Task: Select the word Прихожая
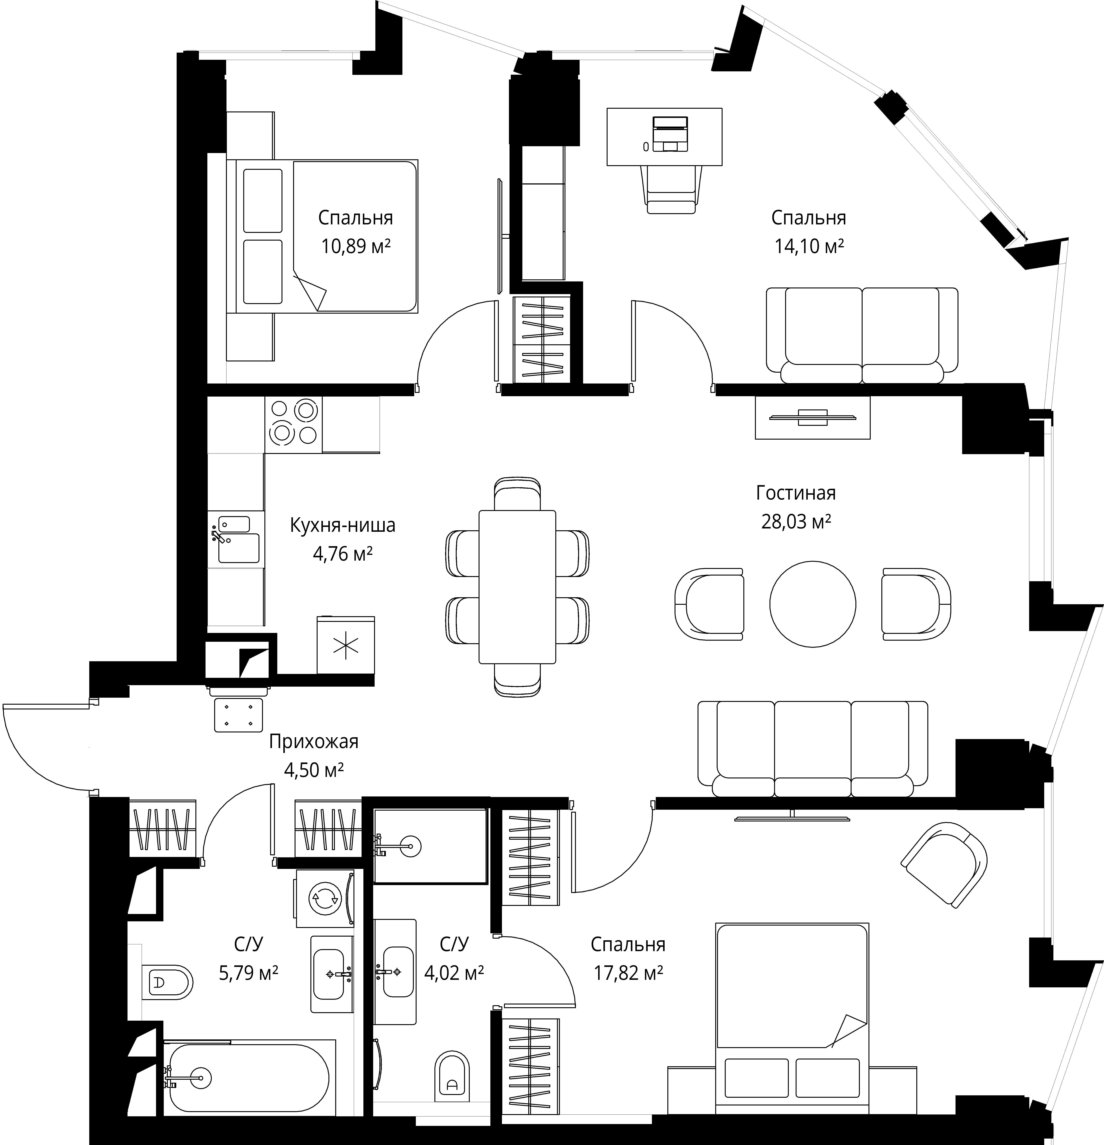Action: (x=314, y=742)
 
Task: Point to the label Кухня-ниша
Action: (x=342, y=525)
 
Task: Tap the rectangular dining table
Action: (x=517, y=587)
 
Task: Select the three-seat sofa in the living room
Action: (x=812, y=749)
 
